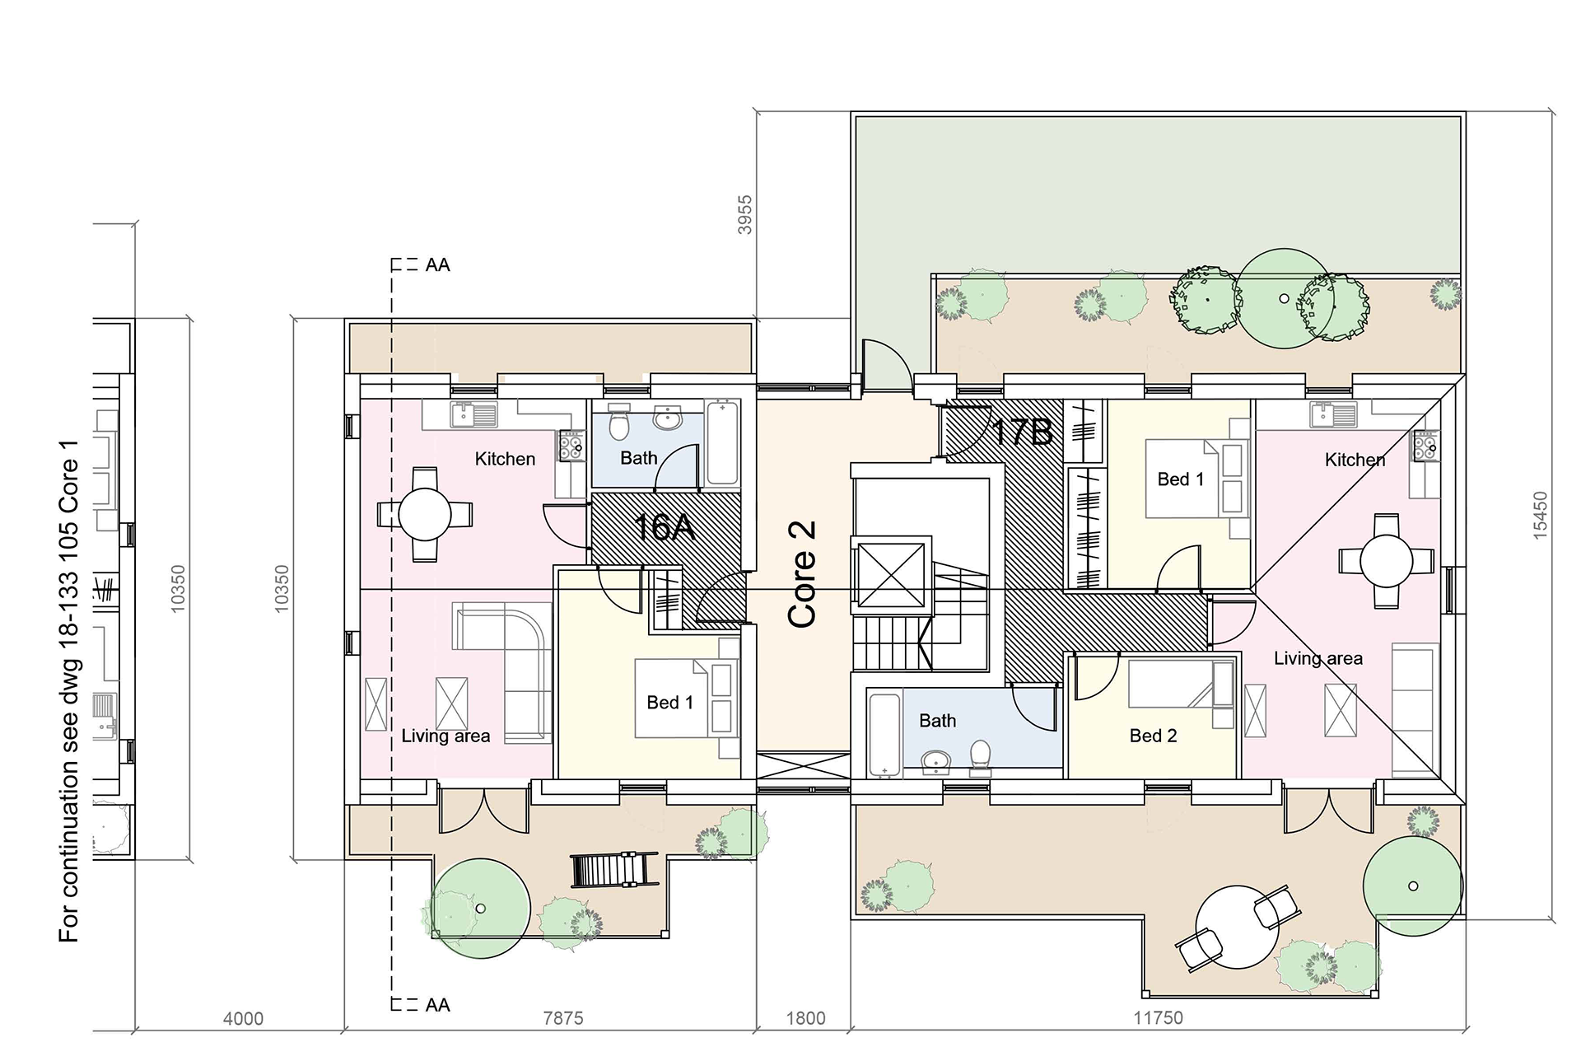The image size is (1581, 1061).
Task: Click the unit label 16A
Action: point(665,526)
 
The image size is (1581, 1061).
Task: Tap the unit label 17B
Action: point(1022,432)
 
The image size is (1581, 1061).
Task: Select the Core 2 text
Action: point(802,574)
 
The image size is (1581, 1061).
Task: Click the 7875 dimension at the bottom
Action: point(563,1018)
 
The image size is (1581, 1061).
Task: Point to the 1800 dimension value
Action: point(805,1018)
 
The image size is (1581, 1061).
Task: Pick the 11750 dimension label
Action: point(1158,1018)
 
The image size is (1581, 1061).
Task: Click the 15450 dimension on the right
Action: point(1540,516)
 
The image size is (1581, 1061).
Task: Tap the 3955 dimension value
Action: point(745,214)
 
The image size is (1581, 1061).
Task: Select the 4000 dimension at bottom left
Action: point(244,1019)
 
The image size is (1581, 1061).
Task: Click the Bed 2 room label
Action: point(1153,736)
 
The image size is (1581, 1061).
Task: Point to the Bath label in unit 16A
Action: point(639,458)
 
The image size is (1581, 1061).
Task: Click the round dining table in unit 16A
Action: point(425,515)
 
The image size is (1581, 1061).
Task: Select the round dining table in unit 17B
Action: point(1387,561)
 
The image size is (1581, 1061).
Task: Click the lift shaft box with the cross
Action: point(890,575)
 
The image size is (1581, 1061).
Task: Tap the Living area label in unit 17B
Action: point(1317,658)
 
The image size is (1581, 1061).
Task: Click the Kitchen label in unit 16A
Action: point(505,459)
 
